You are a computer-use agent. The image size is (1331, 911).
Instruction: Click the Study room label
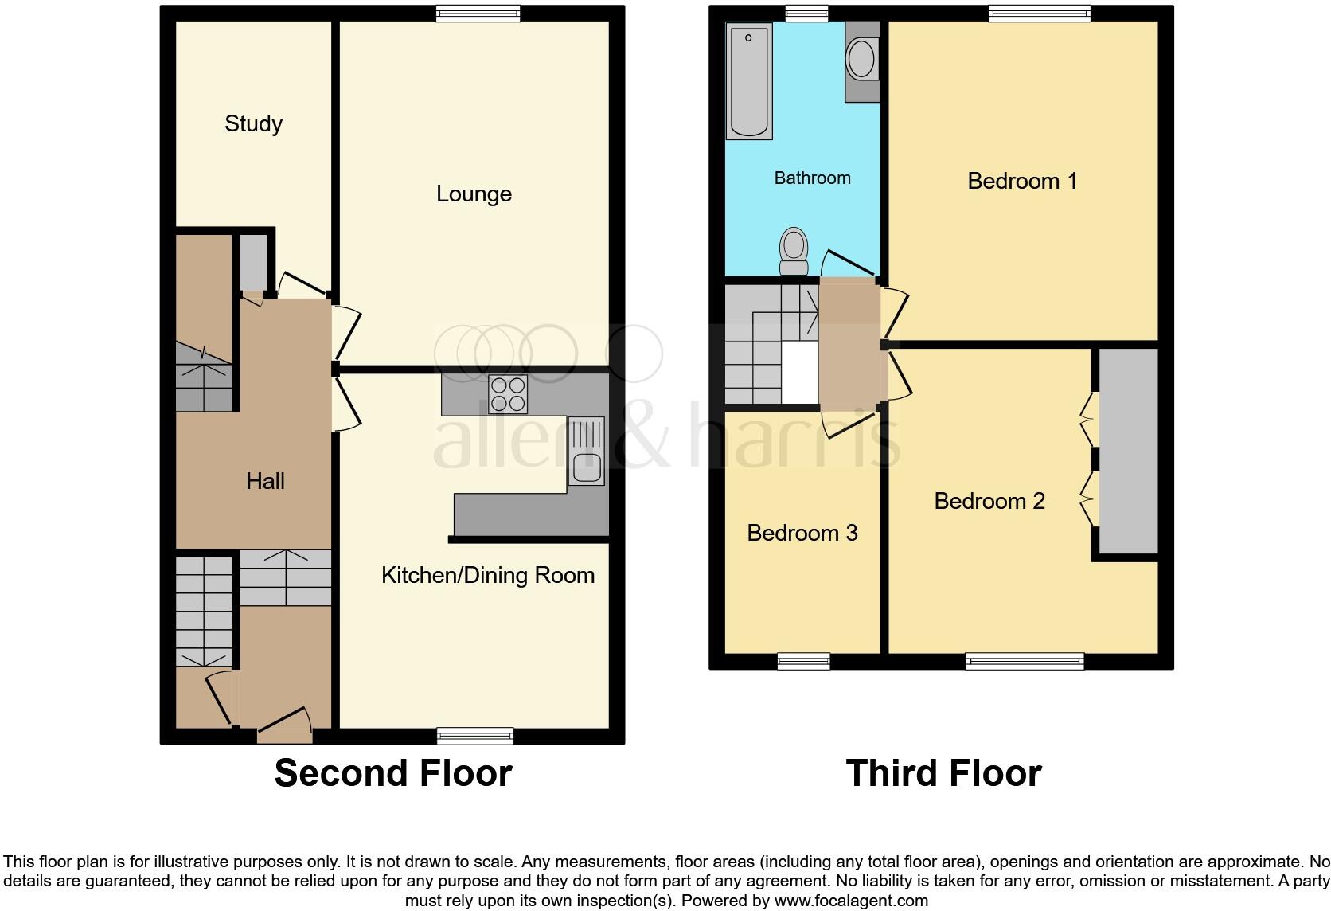(x=253, y=123)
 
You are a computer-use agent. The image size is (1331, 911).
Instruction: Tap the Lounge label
(x=474, y=194)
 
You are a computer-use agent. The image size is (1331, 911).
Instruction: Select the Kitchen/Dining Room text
(x=487, y=575)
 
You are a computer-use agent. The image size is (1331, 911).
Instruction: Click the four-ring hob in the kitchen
(x=508, y=393)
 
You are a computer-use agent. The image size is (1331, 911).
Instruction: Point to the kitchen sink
(x=586, y=452)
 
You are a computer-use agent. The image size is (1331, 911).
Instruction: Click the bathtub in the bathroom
(x=749, y=81)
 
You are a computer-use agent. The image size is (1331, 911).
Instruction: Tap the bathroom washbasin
(x=862, y=59)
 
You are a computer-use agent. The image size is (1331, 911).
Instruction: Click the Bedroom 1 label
(x=1022, y=181)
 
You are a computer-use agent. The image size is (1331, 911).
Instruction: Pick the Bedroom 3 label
(x=802, y=533)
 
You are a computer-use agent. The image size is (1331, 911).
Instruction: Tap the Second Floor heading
(x=393, y=773)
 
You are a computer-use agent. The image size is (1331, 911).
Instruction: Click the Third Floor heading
(x=943, y=773)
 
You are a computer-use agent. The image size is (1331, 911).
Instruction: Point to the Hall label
(x=265, y=481)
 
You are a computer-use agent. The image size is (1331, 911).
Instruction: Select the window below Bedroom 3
(x=803, y=661)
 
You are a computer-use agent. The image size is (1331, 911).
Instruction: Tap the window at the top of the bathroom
(x=806, y=13)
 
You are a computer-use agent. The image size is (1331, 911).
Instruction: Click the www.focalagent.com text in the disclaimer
(x=851, y=901)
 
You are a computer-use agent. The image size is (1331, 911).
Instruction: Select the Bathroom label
(x=812, y=178)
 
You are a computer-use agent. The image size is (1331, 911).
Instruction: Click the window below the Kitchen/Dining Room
(x=476, y=736)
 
